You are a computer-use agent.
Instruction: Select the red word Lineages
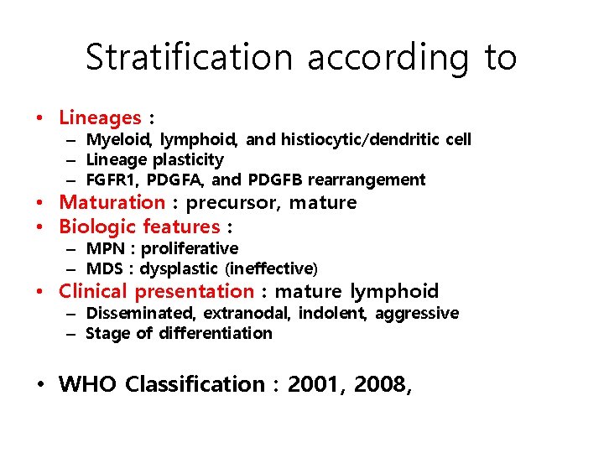pyautogui.click(x=100, y=118)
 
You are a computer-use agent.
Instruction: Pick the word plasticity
pyautogui.click(x=185, y=159)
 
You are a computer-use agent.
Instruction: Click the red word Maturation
pyautogui.click(x=112, y=202)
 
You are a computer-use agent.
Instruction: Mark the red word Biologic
pyautogui.click(x=97, y=226)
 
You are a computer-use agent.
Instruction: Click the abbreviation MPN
pyautogui.click(x=106, y=248)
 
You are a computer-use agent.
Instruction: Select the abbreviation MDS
pyautogui.click(x=106, y=268)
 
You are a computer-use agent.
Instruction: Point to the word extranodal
pyautogui.click(x=256, y=313)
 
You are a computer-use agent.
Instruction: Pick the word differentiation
pyautogui.click(x=221, y=333)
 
